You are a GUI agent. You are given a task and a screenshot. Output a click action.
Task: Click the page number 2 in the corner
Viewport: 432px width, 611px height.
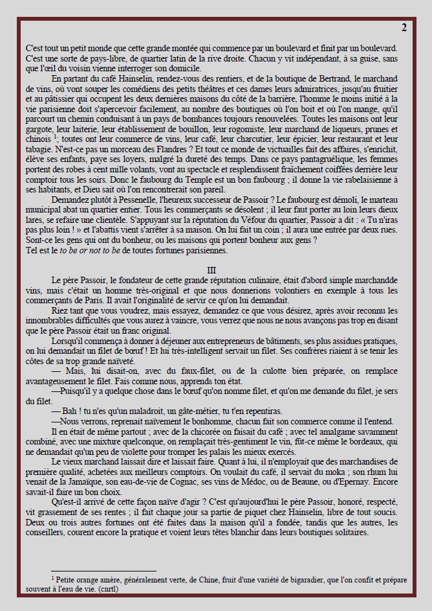[404, 27]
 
